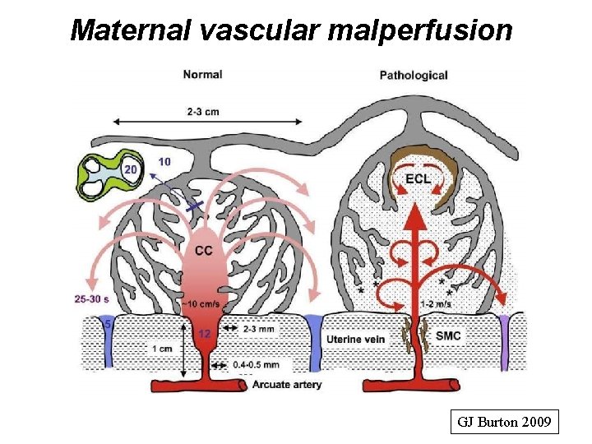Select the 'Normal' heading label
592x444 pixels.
pos(202,74)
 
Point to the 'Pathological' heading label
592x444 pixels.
pos(414,75)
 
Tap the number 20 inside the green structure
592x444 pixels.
pos(130,170)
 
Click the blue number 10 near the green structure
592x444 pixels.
pos(164,162)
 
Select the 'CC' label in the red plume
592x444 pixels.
pos(206,250)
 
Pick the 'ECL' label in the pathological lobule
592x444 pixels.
pos(419,179)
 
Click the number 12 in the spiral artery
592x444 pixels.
pos(206,332)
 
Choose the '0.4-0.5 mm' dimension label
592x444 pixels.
pos(256,364)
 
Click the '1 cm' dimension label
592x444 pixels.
pos(161,348)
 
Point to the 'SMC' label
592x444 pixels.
pos(448,335)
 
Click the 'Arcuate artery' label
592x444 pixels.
pos(288,384)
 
